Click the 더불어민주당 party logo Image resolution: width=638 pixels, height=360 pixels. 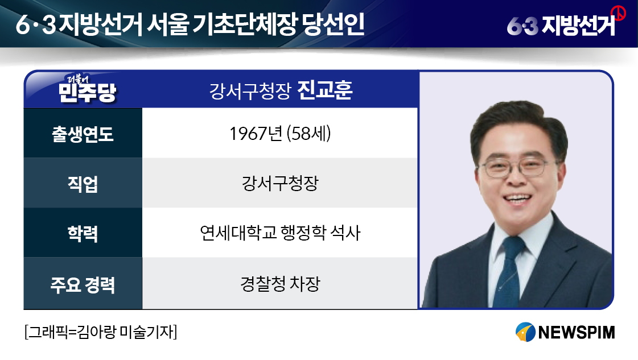tap(88, 89)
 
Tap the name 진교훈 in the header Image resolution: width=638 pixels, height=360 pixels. tap(325, 90)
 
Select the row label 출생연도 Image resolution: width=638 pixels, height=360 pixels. tap(83, 134)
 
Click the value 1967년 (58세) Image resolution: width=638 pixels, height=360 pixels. tap(280, 134)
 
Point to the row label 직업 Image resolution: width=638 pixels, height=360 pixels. tap(83, 184)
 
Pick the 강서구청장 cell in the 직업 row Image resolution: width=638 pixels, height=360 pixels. tap(280, 183)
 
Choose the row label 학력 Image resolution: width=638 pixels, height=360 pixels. tap(83, 234)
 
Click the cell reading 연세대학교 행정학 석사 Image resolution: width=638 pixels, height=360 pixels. tap(280, 233)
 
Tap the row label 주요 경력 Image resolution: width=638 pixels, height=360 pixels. tap(83, 284)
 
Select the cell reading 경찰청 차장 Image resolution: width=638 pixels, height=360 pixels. tap(280, 284)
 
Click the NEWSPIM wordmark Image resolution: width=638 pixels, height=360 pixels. tap(577, 332)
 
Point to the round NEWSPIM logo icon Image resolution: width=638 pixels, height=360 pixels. tap(525, 332)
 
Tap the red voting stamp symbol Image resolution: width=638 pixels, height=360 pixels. tap(619, 13)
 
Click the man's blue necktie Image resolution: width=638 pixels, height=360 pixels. tap(509, 272)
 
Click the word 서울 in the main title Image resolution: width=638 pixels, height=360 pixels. tap(168, 24)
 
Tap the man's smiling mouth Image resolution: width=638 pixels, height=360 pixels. tap(517, 199)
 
